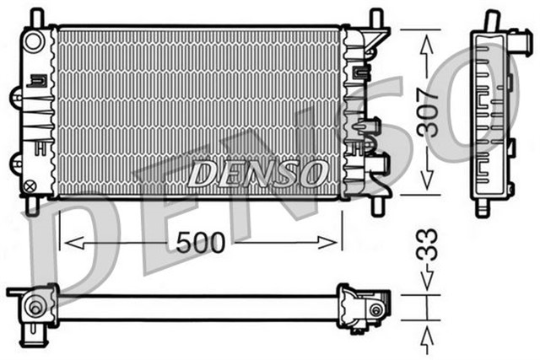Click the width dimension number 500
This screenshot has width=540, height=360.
pos(201,243)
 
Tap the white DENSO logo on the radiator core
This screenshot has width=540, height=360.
pos(257,174)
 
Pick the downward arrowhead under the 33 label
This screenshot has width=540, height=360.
pos(428,287)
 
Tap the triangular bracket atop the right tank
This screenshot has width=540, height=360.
pos(377,37)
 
